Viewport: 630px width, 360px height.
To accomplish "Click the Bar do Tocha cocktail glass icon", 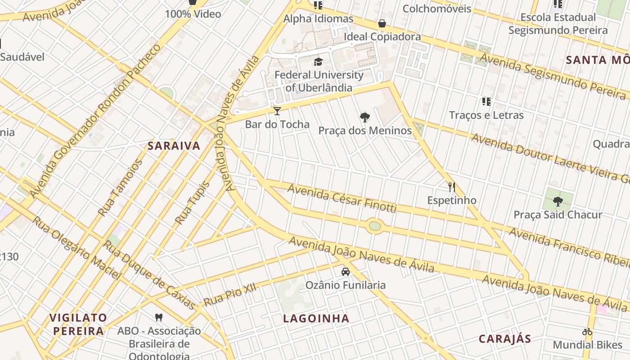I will click(277, 111).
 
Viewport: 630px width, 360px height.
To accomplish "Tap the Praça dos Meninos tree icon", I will click(365, 117).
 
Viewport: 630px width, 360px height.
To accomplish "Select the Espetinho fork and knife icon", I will click(452, 187).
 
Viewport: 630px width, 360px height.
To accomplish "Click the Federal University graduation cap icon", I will click(319, 62).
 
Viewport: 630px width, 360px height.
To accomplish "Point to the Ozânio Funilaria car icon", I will click(346, 272).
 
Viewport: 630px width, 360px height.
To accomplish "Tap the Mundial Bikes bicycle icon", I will click(587, 332).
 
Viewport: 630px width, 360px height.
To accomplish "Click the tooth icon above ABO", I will click(158, 317).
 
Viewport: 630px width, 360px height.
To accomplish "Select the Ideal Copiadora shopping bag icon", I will click(382, 23).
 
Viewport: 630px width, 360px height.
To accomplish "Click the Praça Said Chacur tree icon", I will click(558, 201).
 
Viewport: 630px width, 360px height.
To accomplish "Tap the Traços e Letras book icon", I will click(486, 102).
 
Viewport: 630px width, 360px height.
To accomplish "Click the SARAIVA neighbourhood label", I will click(174, 146).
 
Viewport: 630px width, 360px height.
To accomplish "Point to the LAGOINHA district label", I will click(316, 319).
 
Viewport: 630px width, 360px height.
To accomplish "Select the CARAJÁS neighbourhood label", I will click(504, 339).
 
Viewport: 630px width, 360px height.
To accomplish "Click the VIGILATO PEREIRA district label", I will click(78, 324).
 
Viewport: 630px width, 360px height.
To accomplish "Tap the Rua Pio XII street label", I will click(229, 295).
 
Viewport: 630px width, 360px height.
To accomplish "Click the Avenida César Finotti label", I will click(342, 198).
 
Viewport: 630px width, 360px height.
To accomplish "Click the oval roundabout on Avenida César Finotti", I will click(374, 226).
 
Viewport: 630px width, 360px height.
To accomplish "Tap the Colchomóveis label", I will click(436, 9).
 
